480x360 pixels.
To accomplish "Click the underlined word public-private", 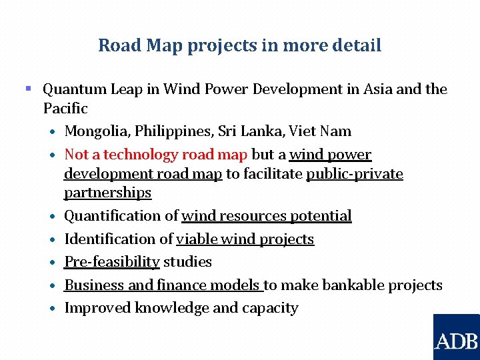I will click(x=355, y=174).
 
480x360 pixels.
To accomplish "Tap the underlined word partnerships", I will click(x=107, y=193).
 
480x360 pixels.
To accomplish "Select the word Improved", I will click(x=97, y=308).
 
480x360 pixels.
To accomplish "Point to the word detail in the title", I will click(x=357, y=45).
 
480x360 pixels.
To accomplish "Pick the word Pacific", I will click(x=65, y=108).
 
